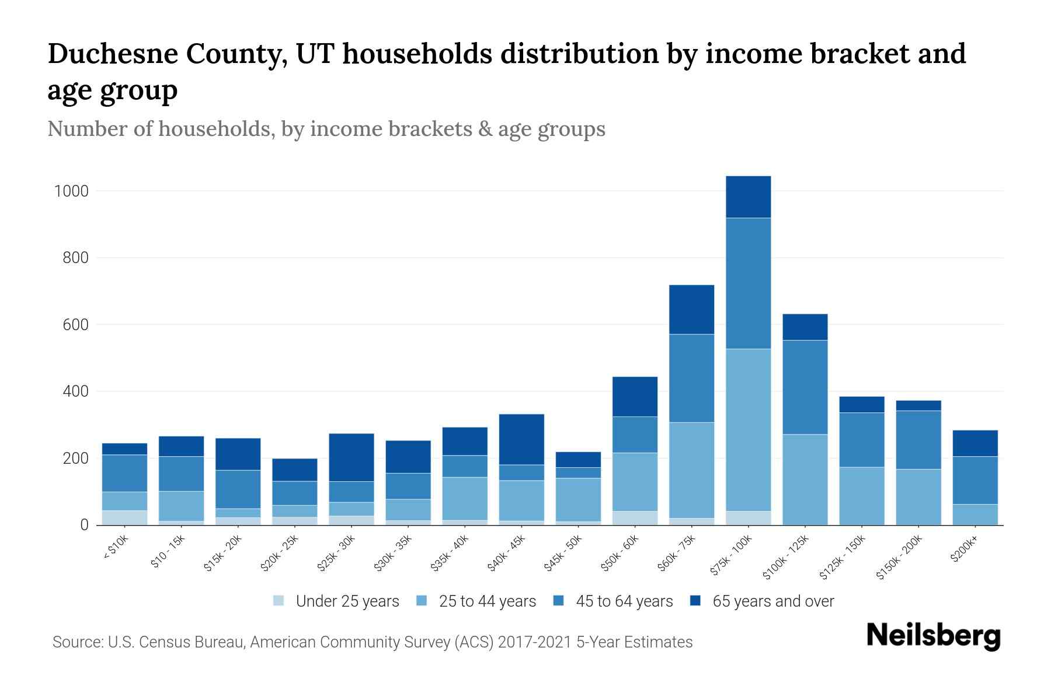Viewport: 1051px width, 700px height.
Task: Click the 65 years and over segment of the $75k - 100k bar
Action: click(x=748, y=197)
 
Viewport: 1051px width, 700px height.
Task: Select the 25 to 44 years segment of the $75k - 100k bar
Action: click(x=748, y=430)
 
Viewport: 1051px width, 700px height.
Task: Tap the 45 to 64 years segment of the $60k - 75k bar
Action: click(x=691, y=378)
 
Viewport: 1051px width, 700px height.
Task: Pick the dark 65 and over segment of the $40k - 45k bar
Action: click(x=521, y=439)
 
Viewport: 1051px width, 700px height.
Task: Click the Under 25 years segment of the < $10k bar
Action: click(x=124, y=517)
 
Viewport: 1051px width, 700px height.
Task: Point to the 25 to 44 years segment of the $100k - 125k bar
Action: click(x=805, y=479)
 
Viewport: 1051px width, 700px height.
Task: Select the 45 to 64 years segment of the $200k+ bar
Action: click(x=975, y=480)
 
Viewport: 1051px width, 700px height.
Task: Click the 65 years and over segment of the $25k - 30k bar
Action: click(x=352, y=457)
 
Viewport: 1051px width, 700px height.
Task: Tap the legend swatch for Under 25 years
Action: click(x=279, y=601)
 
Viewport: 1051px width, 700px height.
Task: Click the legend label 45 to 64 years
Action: click(x=624, y=601)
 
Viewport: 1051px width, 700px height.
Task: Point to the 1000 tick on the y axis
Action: click(x=71, y=191)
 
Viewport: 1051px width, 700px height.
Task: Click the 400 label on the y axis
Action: click(x=75, y=391)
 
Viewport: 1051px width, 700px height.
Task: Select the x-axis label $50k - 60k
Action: click(x=621, y=553)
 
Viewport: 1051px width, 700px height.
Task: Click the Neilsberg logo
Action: click(x=933, y=636)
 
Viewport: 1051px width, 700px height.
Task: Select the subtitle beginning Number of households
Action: click(x=326, y=129)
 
